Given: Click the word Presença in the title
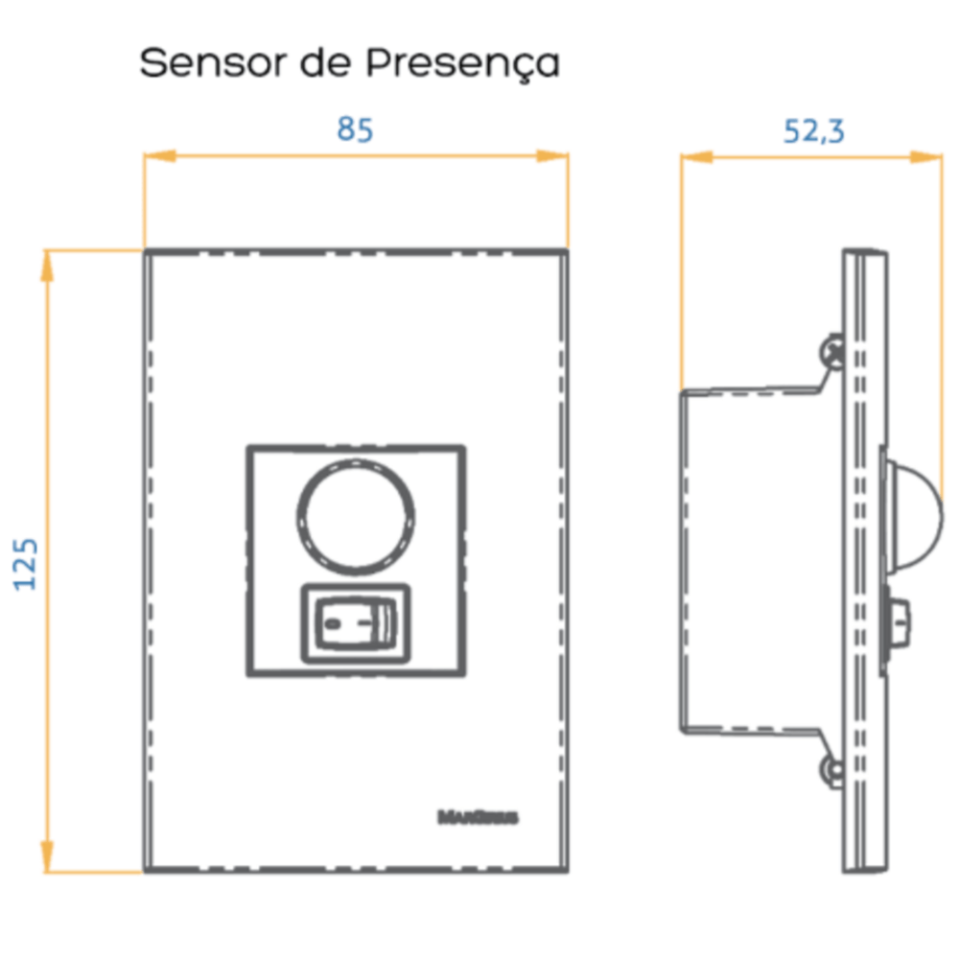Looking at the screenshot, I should coord(463,64).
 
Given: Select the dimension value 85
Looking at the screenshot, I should coord(355,129).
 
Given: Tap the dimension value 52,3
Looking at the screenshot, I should coord(814,130).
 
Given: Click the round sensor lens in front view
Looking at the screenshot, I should coord(357,518).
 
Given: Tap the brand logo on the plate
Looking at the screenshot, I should coord(478,818).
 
